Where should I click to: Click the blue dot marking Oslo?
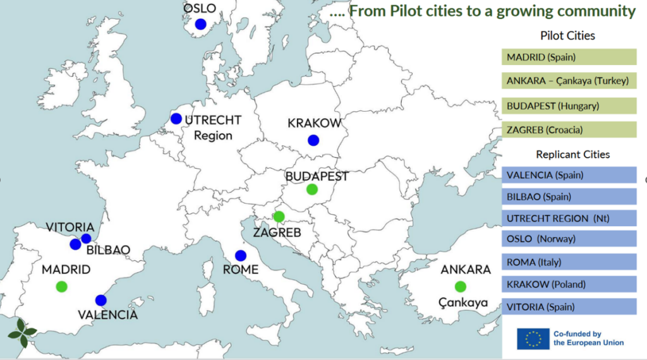tap(200, 24)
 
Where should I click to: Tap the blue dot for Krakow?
tap(313, 140)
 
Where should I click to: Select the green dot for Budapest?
tap(311, 189)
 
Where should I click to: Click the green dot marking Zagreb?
tap(279, 217)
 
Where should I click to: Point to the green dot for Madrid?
tap(61, 286)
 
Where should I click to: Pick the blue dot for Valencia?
tap(100, 300)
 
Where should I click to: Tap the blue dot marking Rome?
tap(240, 256)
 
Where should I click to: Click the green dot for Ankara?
tap(460, 286)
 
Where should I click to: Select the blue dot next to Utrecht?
tap(176, 118)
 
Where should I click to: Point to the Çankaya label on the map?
tap(464, 303)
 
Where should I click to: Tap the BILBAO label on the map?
tap(108, 250)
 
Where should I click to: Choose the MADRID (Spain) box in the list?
tap(569, 57)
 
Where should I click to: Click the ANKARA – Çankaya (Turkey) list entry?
tap(569, 81)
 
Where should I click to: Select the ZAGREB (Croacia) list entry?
tap(569, 130)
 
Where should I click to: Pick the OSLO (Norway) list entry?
tap(569, 240)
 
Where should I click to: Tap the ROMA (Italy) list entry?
tap(569, 262)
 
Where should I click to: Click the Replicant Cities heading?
tap(573, 155)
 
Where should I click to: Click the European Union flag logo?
tap(533, 339)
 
